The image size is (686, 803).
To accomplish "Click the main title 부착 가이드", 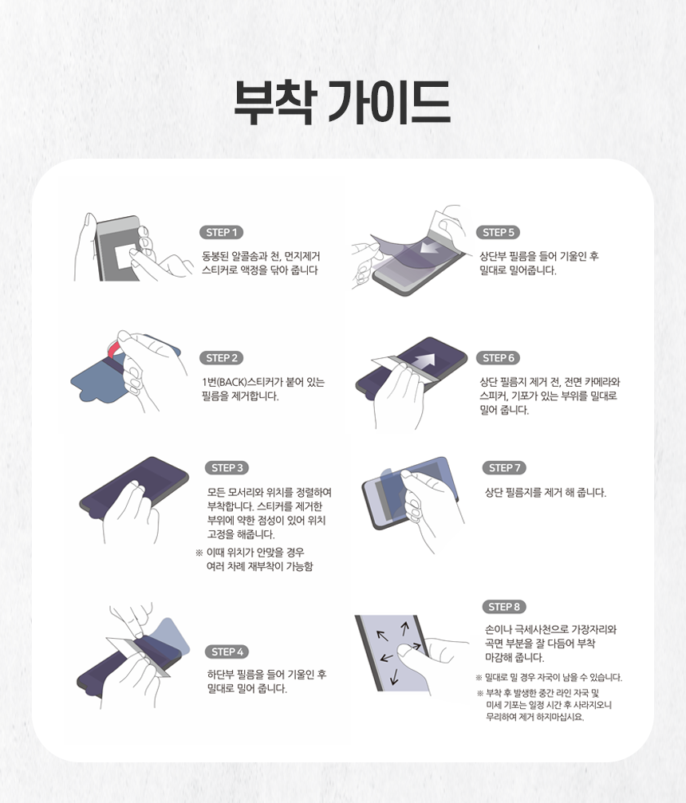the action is tap(342, 102).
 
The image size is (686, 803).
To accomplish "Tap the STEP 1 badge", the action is tap(221, 233).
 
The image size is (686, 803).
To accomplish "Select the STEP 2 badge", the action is tap(221, 358).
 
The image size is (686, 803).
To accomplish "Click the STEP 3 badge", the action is tap(227, 467).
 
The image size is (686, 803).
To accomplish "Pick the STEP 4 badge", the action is tap(227, 652).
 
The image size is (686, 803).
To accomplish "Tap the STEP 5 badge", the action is tap(498, 233).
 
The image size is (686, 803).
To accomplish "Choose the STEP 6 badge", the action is tap(498, 358).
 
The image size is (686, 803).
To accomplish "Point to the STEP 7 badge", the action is tap(504, 467).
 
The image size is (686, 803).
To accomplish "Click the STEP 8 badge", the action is tap(504, 607).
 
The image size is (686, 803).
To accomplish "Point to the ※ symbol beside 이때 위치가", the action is tap(199, 553).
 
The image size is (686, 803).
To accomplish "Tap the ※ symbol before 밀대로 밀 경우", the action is tap(479, 678).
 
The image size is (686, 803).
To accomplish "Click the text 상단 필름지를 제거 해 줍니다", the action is tap(545, 493).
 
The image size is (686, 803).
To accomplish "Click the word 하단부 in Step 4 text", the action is tap(220, 675).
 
